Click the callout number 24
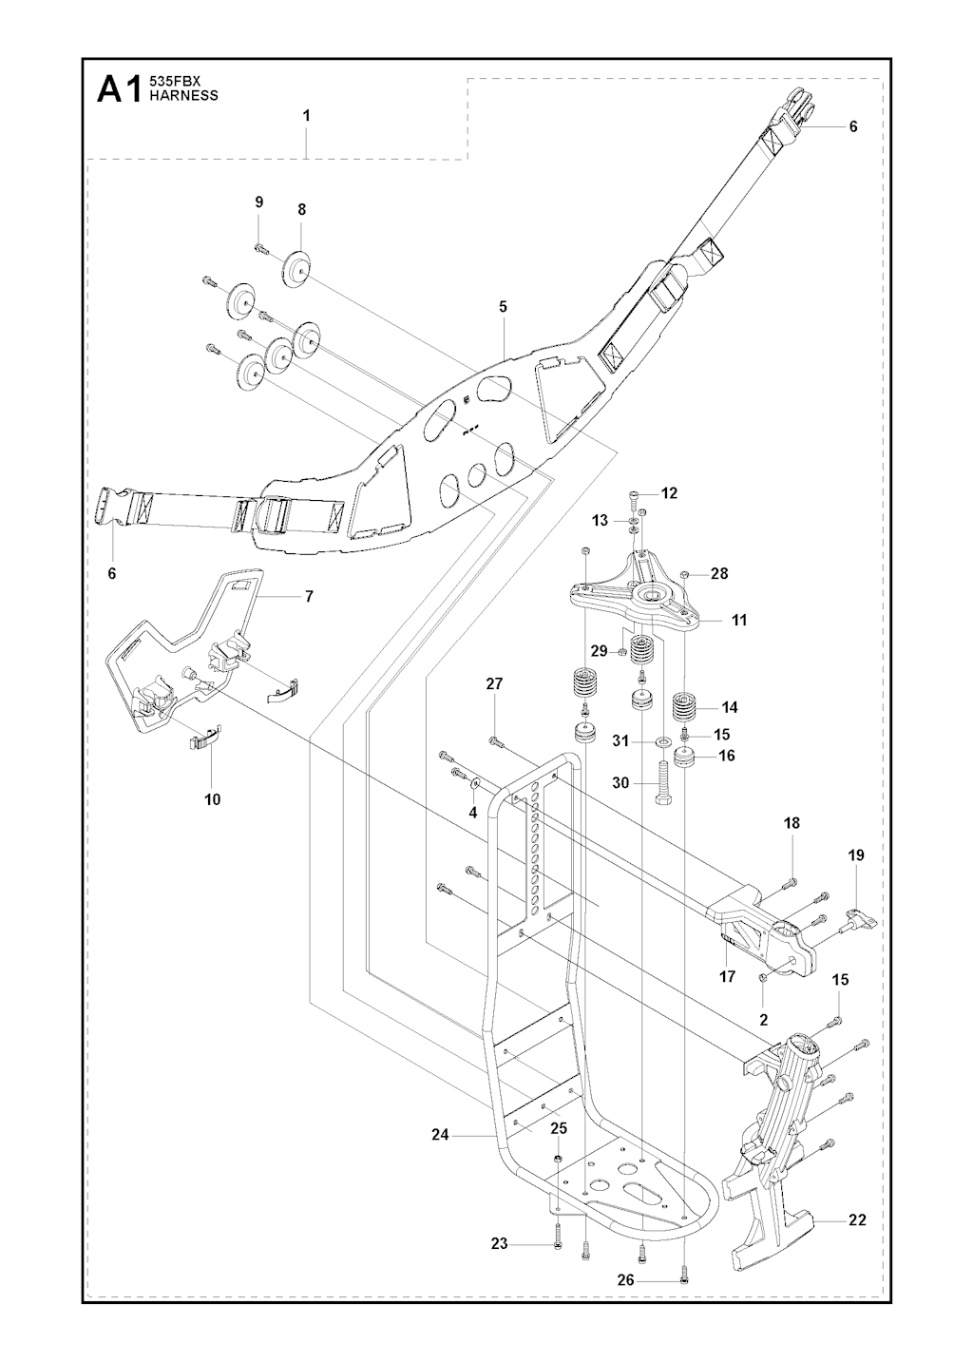click(439, 1134)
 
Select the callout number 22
click(857, 1220)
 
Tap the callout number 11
click(739, 620)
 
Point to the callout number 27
click(494, 684)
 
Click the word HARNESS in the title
click(184, 95)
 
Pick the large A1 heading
click(121, 89)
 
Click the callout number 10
click(212, 799)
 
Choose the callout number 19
click(855, 855)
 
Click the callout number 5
click(503, 307)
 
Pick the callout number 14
click(730, 707)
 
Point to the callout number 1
click(306, 115)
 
